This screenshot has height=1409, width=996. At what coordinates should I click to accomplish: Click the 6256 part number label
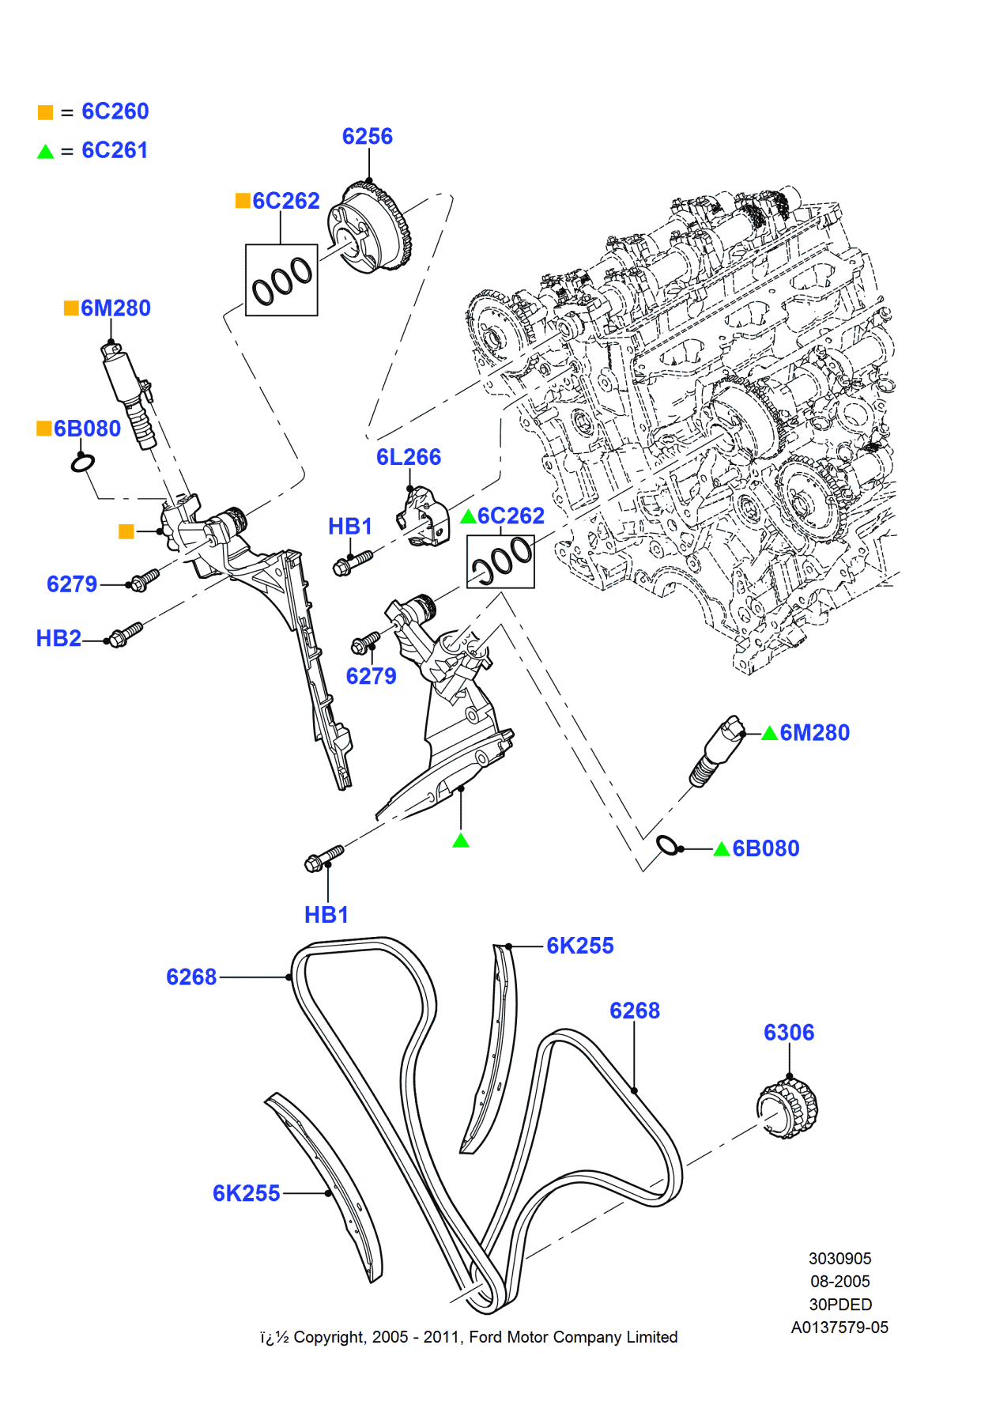point(367,137)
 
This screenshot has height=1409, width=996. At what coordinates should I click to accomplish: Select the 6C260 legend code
point(115,111)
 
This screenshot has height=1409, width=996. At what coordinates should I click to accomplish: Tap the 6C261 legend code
point(115,150)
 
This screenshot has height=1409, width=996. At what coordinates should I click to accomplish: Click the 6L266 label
point(408,457)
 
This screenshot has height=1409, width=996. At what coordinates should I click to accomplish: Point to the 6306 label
point(788,1033)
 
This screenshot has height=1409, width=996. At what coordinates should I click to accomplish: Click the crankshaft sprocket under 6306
point(787,1108)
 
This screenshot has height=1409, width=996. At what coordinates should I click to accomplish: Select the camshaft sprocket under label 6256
point(370,228)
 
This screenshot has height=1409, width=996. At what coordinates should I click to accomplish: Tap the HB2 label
point(58,638)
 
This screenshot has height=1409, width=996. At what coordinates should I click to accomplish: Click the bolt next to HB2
point(126,634)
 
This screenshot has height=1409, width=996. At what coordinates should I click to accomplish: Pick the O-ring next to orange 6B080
point(83,463)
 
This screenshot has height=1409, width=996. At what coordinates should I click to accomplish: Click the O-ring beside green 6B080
point(667,845)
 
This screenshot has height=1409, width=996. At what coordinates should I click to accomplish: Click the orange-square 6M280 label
point(115,308)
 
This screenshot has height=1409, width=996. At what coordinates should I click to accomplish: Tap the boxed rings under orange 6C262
point(281,280)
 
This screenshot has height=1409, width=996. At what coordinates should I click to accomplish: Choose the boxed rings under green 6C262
point(500,561)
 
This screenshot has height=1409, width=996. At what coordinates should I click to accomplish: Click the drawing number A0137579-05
point(839,1328)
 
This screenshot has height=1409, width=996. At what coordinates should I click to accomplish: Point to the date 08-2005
point(839,1281)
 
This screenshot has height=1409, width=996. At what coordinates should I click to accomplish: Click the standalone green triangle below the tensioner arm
point(461,840)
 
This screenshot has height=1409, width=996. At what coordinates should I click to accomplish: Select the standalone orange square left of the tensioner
point(126,531)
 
